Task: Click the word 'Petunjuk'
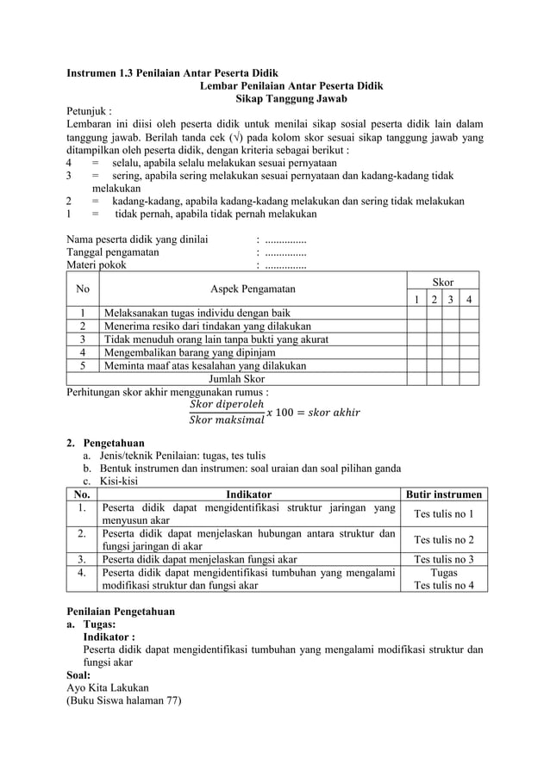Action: pyautogui.click(x=89, y=111)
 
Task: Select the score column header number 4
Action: pyautogui.click(x=468, y=300)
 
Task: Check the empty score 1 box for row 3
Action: pyautogui.click(x=416, y=339)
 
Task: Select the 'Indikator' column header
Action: pyautogui.click(x=248, y=494)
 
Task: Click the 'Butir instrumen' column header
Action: pyautogui.click(x=443, y=494)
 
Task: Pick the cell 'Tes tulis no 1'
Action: pyautogui.click(x=443, y=514)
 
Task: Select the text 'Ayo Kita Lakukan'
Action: pyautogui.click(x=107, y=687)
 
